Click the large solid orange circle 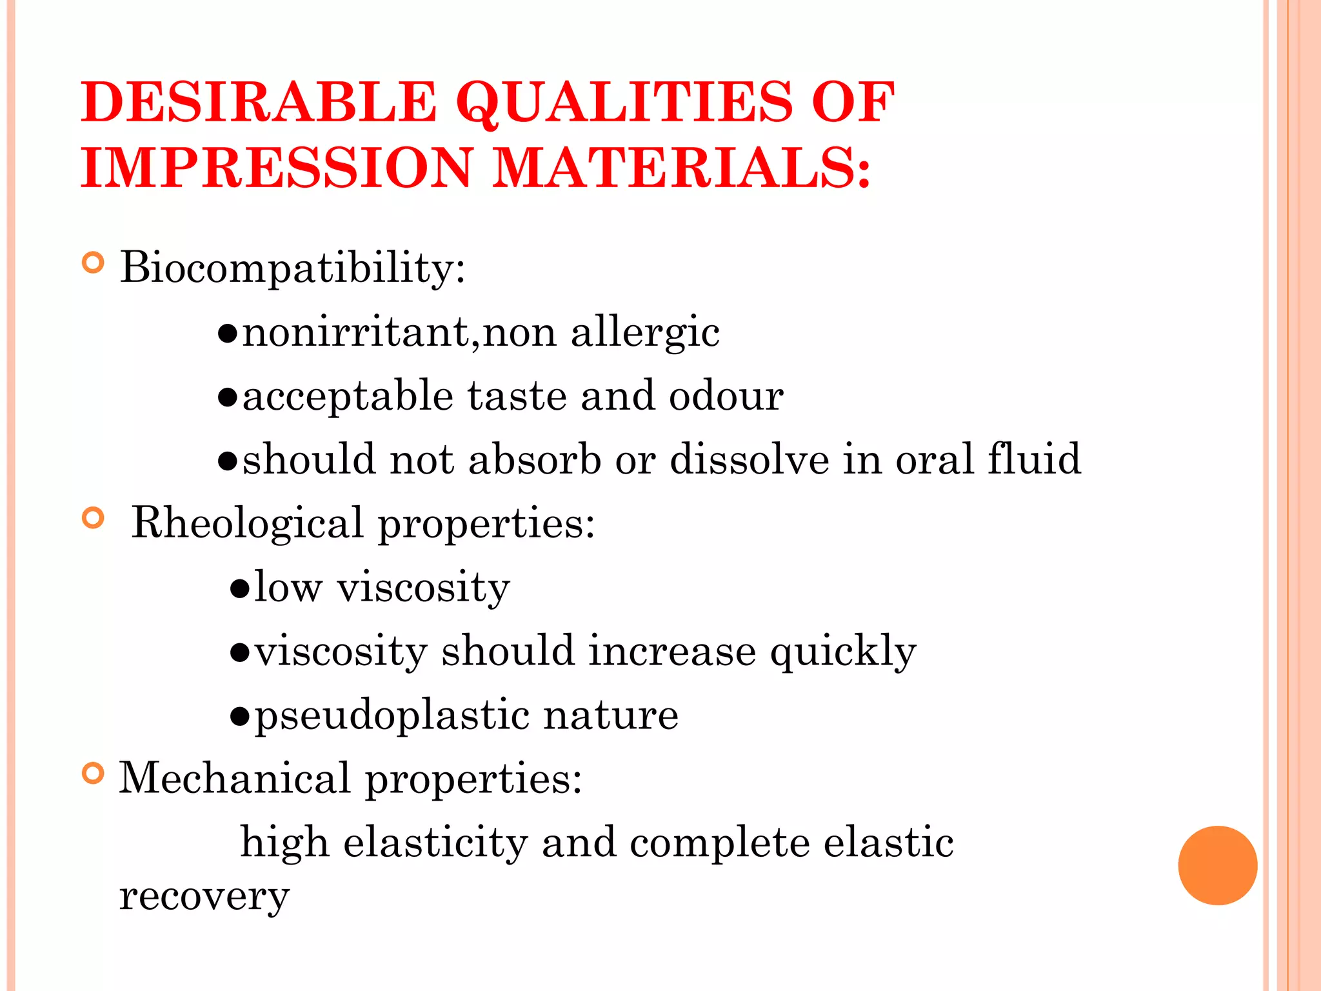(x=1217, y=865)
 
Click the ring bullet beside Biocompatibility (x=94, y=263)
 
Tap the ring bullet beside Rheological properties (x=94, y=518)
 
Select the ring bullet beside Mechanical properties (x=94, y=773)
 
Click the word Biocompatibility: (x=292, y=267)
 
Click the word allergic (x=645, y=333)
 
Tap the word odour (x=726, y=395)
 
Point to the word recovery (x=204, y=896)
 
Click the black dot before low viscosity (x=239, y=588)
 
